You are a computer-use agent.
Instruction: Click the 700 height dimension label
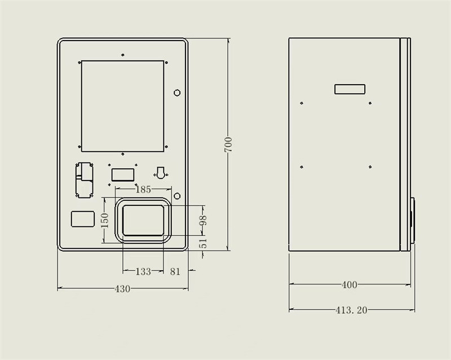click(x=228, y=144)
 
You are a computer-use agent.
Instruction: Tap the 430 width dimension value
click(x=122, y=288)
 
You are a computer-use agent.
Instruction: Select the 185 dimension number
click(x=143, y=190)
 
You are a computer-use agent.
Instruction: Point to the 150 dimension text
click(x=105, y=220)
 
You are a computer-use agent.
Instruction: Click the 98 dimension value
click(x=204, y=220)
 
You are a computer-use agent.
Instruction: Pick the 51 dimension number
click(x=204, y=243)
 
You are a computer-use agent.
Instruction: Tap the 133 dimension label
click(x=143, y=271)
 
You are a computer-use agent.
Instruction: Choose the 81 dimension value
click(x=175, y=271)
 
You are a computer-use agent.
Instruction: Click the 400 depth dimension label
click(x=350, y=285)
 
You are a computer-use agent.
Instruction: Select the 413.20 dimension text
click(x=351, y=310)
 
